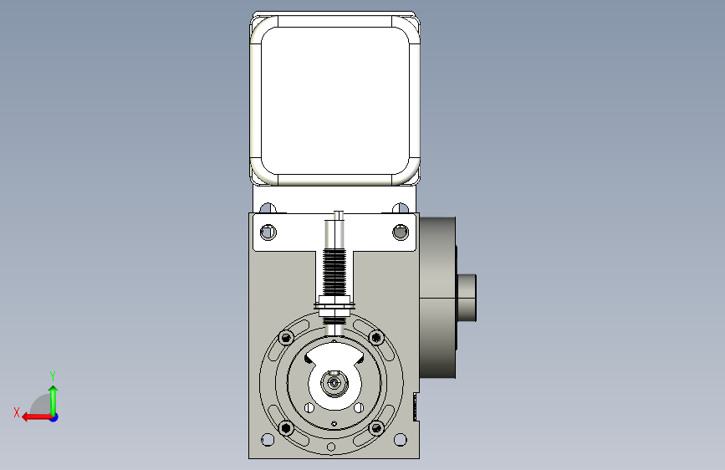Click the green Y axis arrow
pos(54,401)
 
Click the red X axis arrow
pos(37,417)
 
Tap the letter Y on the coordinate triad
pos(53,375)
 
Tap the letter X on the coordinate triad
pos(17,412)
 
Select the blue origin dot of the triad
pos(54,417)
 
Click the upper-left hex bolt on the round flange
pos(286,338)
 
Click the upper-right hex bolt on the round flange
pos(376,338)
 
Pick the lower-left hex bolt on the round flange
pos(286,428)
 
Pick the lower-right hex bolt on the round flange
pos(376,428)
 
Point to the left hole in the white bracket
pos(268,232)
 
